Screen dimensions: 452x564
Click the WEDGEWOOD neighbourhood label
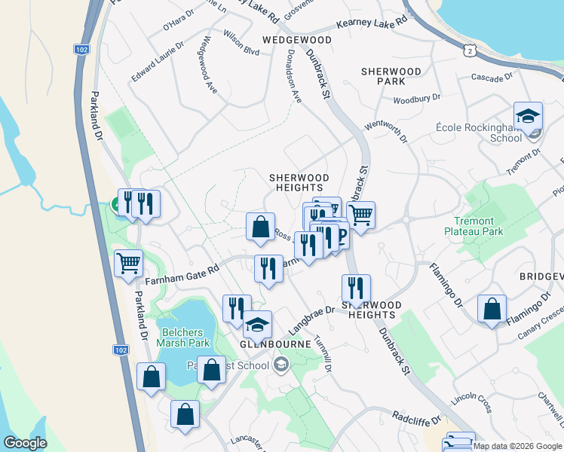coord(296,39)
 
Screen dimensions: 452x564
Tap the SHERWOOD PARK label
coord(391,75)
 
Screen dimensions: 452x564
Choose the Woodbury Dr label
coord(416,99)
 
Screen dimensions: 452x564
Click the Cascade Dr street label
coord(492,77)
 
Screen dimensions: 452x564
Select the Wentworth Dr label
coord(385,130)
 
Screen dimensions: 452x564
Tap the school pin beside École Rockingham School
coord(529,116)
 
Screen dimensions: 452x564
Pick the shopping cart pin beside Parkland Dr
coord(129,264)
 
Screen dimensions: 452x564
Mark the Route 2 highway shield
coord(471,50)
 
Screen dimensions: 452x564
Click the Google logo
coord(25,443)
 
